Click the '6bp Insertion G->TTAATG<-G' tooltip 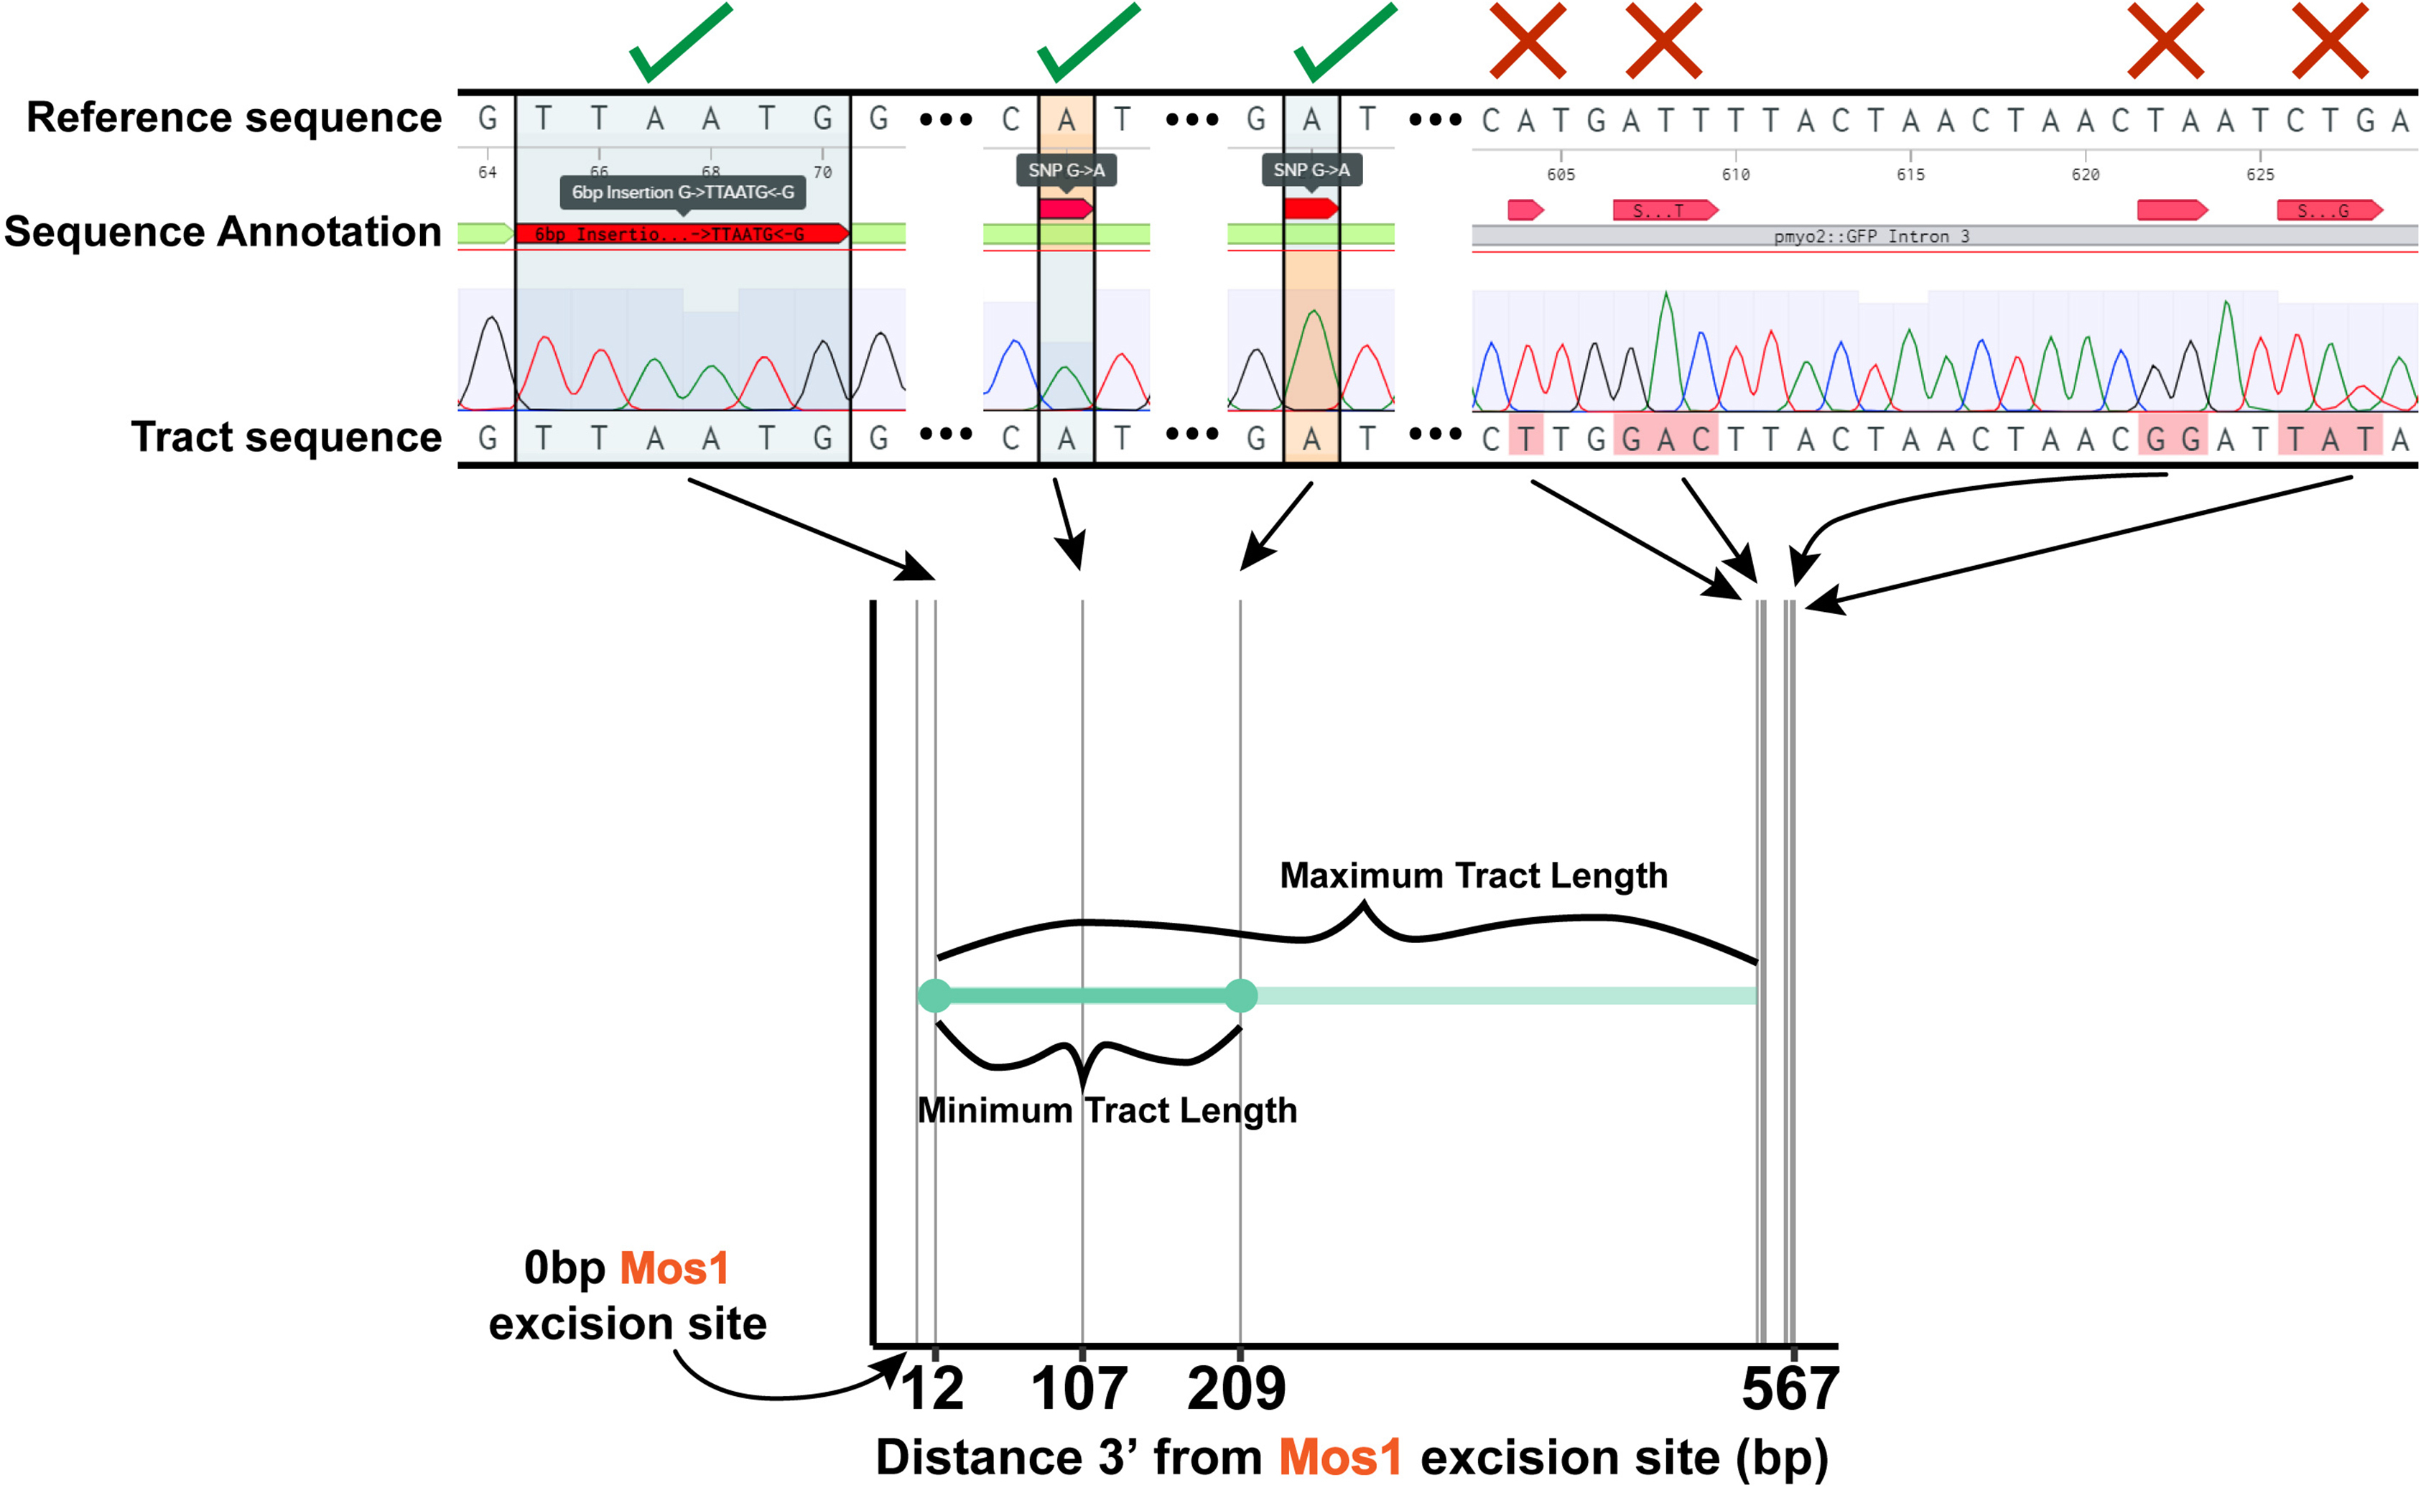[683, 192]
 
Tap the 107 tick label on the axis [1079, 1389]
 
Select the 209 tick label [1236, 1389]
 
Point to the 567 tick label [1789, 1389]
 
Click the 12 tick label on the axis [933, 1389]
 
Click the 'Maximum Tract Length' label [1473, 875]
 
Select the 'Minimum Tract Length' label [1107, 1110]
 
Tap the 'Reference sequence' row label [234, 117]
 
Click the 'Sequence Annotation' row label [223, 232]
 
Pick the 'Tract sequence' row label [287, 437]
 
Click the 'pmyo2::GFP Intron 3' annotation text [1871, 236]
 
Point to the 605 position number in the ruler [1560, 175]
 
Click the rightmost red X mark [2330, 40]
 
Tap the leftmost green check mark [680, 42]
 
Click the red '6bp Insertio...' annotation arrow [680, 233]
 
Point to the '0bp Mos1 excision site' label [627, 1295]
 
